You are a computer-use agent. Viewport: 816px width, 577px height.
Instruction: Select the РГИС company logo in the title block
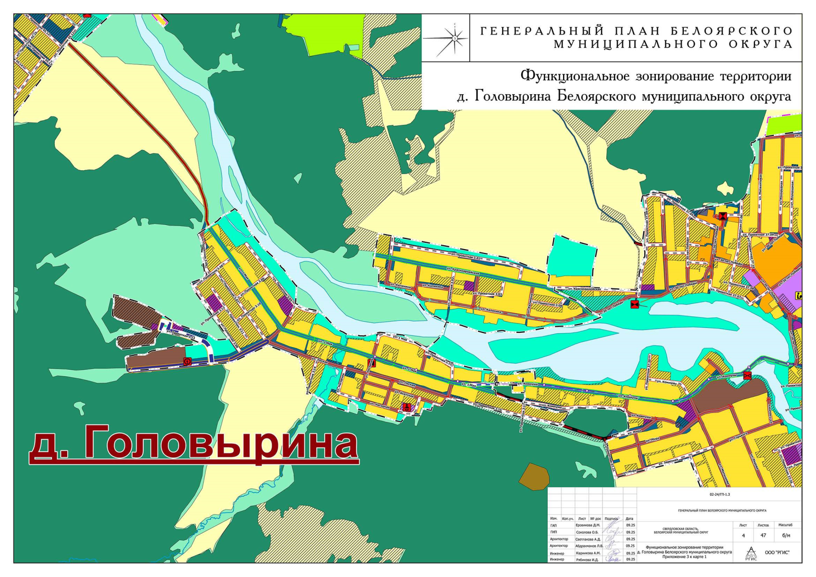pos(751,553)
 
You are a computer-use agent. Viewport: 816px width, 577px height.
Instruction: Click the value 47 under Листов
pos(763,535)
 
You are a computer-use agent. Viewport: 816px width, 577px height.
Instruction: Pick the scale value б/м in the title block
pos(786,535)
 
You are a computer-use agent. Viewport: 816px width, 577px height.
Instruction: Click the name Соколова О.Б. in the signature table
pos(587,532)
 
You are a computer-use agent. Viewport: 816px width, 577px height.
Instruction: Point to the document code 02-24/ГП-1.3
pos(719,494)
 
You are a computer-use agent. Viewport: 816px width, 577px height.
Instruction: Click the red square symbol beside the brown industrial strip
pos(188,361)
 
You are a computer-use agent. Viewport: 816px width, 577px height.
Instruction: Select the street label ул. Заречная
pos(668,462)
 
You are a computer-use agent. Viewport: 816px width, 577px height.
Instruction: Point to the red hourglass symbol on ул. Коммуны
pos(747,376)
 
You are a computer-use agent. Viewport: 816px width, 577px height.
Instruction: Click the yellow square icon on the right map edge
pos(799,296)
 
